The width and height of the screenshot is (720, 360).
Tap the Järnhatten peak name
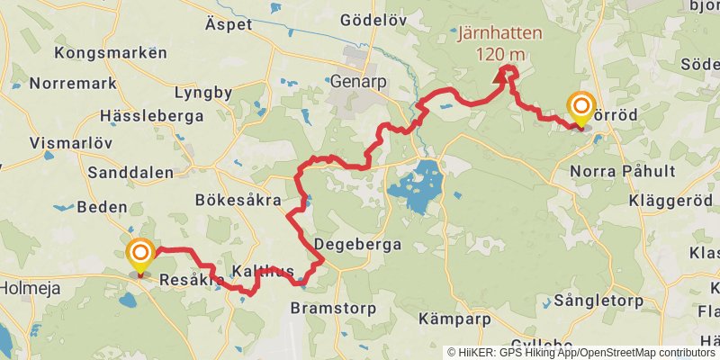pos(499,34)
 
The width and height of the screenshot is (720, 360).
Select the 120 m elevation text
pos(499,54)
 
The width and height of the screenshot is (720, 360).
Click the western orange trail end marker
pos(139,255)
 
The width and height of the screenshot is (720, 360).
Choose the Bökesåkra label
pos(238,200)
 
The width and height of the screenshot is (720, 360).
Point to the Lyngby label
pos(202,93)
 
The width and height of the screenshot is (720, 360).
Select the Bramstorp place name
pos(328,308)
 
